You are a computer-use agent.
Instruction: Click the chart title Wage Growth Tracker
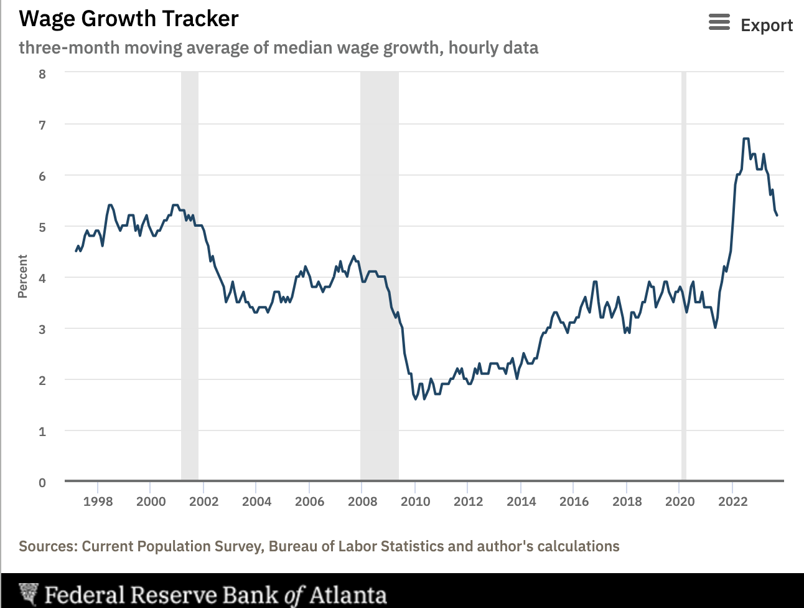129,19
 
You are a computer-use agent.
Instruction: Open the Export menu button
766,26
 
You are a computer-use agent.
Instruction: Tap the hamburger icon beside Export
719,23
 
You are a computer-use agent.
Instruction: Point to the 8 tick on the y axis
42,74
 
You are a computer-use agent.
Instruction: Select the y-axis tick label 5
42,227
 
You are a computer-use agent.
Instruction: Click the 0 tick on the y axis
42,483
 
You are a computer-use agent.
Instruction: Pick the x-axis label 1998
98,501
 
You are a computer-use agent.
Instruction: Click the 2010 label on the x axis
415,501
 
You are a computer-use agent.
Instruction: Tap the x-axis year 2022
732,501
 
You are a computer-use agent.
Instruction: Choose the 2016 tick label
574,501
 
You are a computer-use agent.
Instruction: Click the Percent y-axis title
23,277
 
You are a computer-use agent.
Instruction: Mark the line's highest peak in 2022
746,139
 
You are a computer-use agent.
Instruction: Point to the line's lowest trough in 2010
416,399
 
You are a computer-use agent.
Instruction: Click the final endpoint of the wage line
777,216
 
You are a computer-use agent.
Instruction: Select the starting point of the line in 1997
76,251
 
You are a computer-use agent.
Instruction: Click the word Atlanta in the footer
348,595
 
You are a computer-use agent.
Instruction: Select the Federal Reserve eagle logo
29,595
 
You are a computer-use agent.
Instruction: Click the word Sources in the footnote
47,546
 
